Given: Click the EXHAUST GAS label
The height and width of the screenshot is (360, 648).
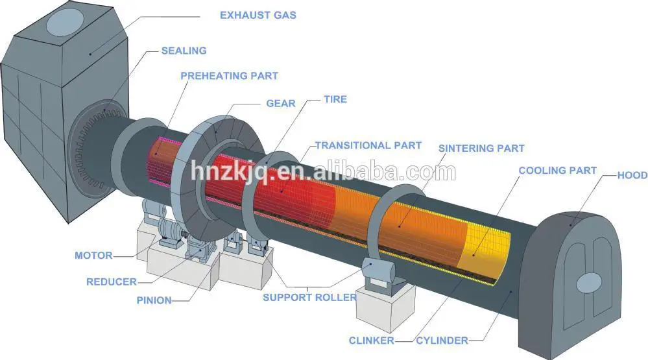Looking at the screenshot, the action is [258, 14].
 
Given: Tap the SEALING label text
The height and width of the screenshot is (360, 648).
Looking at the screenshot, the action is [184, 50].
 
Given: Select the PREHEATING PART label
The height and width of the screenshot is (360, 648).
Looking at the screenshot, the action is [229, 76].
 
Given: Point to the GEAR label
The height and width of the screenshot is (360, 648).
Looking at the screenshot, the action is [281, 103].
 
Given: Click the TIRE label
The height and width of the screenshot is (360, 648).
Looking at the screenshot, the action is [335, 99].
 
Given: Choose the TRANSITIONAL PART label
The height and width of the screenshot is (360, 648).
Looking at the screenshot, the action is [368, 145].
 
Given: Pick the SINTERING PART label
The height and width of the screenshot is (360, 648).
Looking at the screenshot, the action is [481, 149].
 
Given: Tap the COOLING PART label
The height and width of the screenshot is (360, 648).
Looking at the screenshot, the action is [557, 171].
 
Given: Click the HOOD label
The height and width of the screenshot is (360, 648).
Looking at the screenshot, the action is [632, 175].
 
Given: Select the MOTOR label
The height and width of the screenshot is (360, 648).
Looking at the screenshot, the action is [93, 256].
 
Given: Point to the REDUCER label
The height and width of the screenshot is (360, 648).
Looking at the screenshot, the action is [112, 282].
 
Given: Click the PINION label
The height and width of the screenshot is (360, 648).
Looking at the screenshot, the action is [154, 300].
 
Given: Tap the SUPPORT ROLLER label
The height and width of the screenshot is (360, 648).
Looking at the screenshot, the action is [309, 298].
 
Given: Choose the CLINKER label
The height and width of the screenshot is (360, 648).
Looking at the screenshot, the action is [370, 340].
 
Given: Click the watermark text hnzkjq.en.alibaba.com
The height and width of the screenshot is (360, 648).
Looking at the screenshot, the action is [323, 173].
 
